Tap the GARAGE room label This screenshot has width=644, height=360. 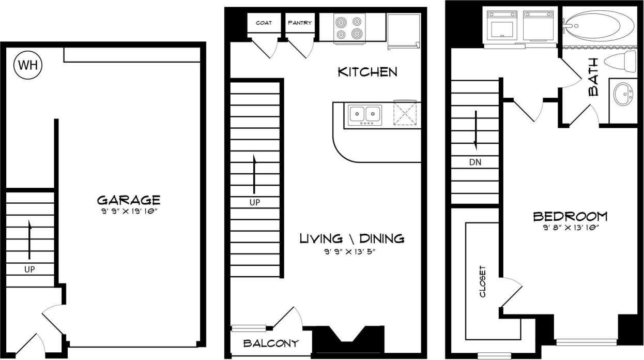click(x=129, y=200)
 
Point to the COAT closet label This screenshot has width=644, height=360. click(x=264, y=22)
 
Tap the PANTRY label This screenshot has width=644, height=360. click(x=300, y=22)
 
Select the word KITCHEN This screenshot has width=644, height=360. click(x=367, y=72)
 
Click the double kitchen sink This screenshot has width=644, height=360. click(x=365, y=114)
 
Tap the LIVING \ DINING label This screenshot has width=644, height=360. click(x=352, y=238)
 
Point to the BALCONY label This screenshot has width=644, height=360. click(x=271, y=343)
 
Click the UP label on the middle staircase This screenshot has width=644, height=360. click(x=254, y=203)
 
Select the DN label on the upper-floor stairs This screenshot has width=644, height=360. click(x=476, y=162)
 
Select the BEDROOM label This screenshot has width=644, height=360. click(x=570, y=216)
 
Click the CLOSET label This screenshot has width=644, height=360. click(x=483, y=281)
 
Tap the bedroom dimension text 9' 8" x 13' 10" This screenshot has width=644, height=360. click(x=570, y=227)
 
